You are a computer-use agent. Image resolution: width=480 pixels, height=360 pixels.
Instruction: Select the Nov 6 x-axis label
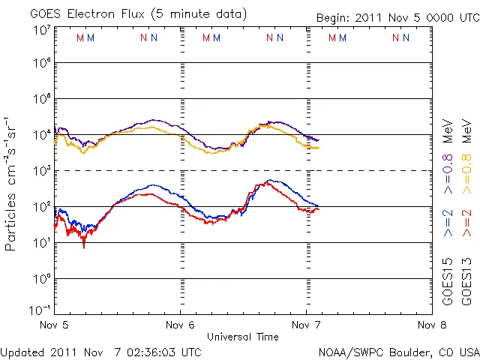[x=180, y=325]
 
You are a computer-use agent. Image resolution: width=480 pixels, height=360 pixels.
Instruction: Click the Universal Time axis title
[x=242, y=337]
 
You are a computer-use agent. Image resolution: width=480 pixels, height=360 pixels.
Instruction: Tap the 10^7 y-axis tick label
[x=40, y=30]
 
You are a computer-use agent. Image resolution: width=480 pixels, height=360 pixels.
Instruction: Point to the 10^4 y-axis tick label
[x=40, y=134]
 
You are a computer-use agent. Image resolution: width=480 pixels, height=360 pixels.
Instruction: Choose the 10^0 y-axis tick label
[x=40, y=278]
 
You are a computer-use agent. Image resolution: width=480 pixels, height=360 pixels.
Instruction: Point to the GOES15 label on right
[x=448, y=281]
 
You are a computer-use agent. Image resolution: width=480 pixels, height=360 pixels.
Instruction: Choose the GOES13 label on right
[x=466, y=281]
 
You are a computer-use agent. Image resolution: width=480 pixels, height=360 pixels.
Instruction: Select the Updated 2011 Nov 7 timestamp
[x=100, y=351]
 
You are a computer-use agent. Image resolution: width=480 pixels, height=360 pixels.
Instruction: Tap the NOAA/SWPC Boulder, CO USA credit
[x=398, y=351]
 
